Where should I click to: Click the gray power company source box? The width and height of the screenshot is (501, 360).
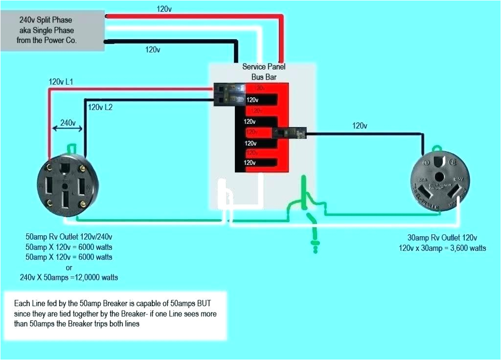53,30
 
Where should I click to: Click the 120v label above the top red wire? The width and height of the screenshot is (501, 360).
164,9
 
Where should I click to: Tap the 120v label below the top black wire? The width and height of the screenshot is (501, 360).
153,49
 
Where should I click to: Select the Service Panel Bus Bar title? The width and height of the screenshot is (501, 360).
264,71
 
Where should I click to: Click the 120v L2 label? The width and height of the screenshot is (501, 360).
100,107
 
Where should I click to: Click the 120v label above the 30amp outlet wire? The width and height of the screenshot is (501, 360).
359,126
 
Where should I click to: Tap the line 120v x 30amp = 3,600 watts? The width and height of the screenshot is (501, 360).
442,248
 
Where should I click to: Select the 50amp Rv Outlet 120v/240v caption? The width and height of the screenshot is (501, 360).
68,236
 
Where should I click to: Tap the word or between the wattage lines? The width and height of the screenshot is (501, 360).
68,267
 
